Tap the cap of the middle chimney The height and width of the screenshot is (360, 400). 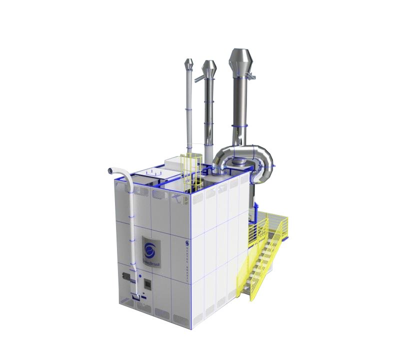(x=209, y=67)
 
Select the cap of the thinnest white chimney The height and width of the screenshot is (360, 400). (x=189, y=64)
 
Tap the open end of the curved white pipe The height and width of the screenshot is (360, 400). (x=107, y=171)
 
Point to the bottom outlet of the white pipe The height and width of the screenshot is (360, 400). (x=135, y=299)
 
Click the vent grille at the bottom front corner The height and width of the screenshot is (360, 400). (x=178, y=317)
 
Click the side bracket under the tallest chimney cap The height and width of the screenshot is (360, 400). (x=250, y=75)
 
